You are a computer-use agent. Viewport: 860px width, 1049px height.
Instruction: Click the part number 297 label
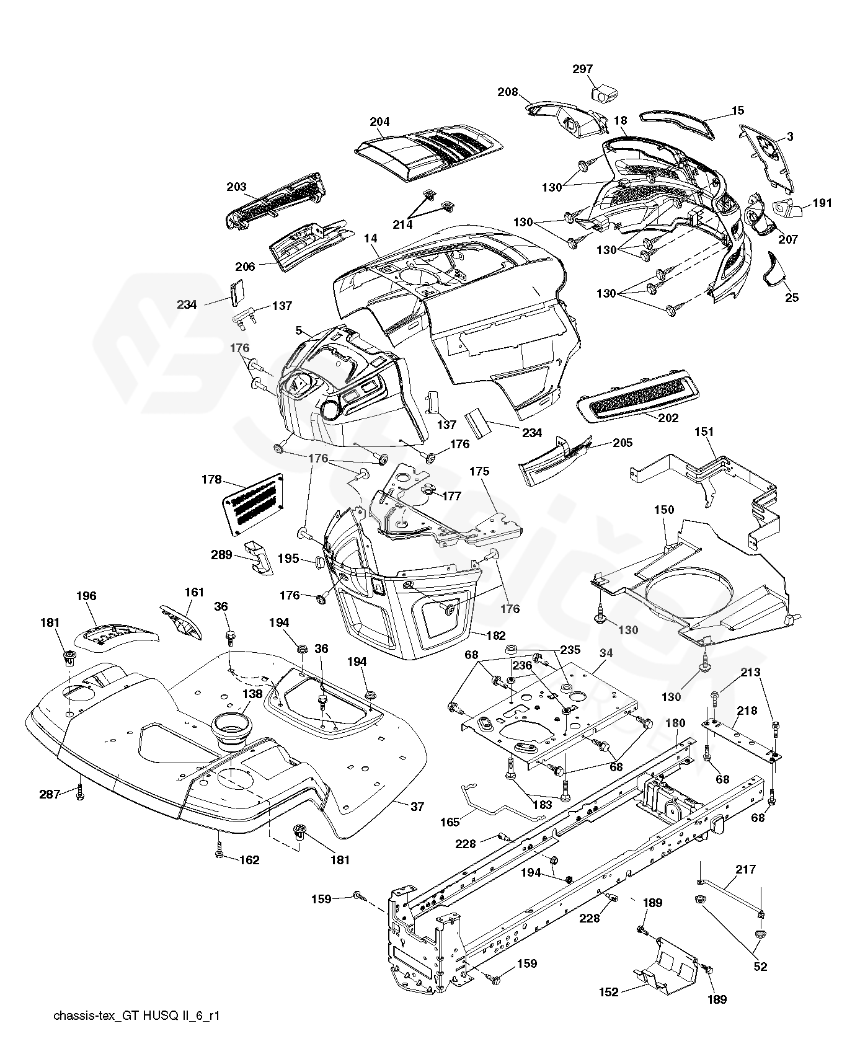(x=583, y=69)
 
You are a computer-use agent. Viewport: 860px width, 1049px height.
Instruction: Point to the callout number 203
(x=236, y=187)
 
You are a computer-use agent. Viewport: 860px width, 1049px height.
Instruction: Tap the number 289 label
(x=221, y=555)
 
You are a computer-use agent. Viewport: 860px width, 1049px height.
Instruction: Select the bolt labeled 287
(x=79, y=792)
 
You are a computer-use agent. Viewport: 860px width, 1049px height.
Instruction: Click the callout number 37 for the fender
(x=417, y=806)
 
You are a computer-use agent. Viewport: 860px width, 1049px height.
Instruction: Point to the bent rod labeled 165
(x=496, y=806)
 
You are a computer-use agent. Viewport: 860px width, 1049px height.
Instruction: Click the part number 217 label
(x=745, y=869)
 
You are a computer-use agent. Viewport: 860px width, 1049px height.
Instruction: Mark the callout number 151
(x=704, y=432)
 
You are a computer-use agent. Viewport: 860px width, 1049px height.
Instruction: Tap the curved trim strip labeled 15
(x=677, y=123)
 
